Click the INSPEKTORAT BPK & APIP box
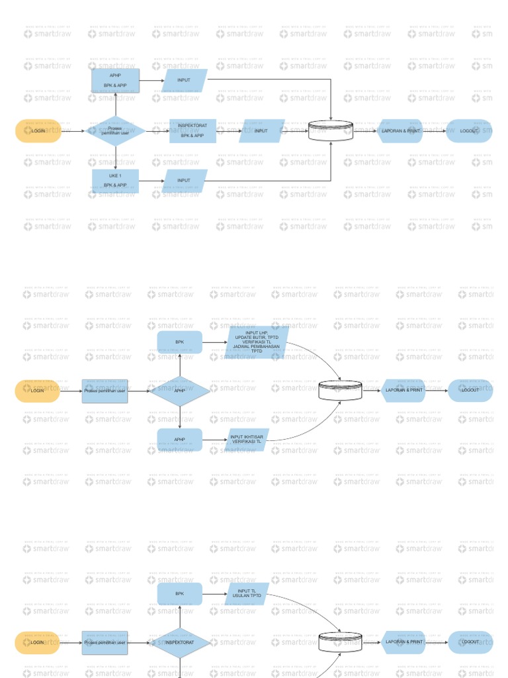tap(192, 131)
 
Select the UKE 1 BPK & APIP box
tap(115, 181)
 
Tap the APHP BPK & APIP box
tap(115, 80)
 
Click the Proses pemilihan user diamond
tap(116, 131)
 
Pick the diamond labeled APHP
tap(180, 391)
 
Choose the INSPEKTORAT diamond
tap(180, 642)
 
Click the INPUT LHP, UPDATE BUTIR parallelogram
tap(257, 343)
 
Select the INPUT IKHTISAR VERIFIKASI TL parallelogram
tap(247, 440)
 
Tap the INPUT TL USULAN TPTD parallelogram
tap(247, 594)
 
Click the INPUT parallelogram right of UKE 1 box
tap(185, 181)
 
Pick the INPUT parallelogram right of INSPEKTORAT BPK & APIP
tap(261, 131)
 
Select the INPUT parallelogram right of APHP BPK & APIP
tap(185, 80)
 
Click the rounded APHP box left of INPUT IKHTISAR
tap(180, 440)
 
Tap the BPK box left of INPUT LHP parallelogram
tap(180, 342)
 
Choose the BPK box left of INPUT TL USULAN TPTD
tap(180, 594)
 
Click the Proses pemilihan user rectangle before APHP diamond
tap(105, 391)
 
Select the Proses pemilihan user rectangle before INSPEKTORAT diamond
tap(105, 642)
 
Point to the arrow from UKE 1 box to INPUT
tap(151, 181)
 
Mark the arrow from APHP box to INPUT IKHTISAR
tap(213, 440)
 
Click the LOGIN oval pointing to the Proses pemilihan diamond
tap(38, 131)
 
